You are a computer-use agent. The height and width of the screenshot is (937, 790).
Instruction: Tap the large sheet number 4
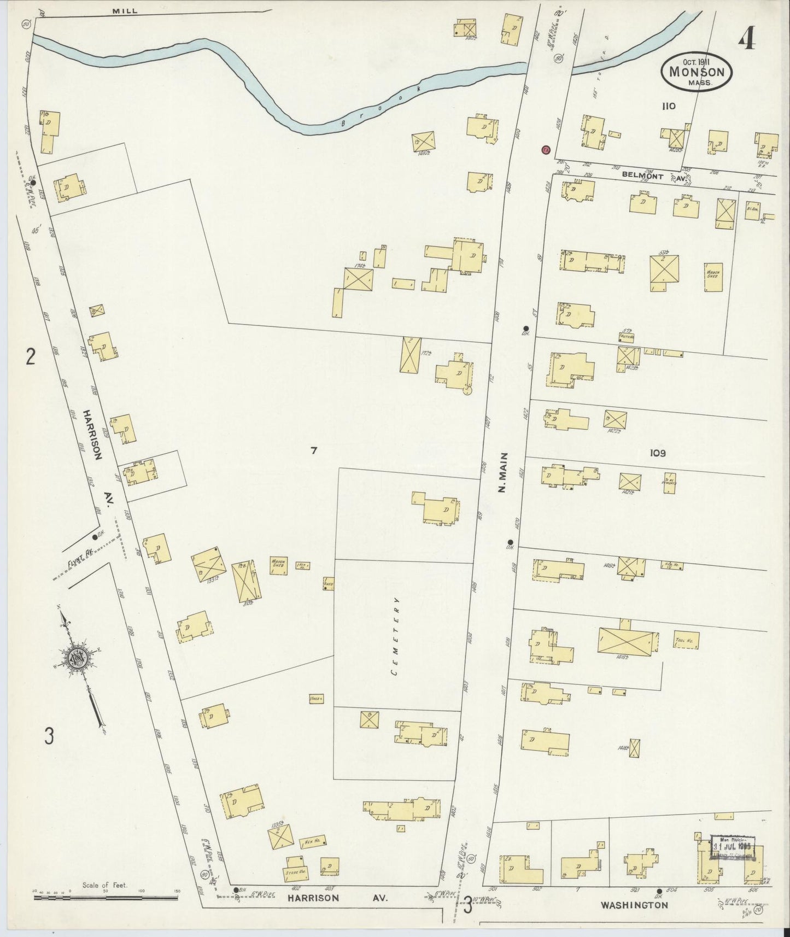[x=746, y=39]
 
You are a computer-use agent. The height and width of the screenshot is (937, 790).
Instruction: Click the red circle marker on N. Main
[x=545, y=150]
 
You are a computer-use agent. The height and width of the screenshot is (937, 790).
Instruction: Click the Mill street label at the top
[x=125, y=10]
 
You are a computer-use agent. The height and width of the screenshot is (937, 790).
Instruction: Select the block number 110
[x=668, y=107]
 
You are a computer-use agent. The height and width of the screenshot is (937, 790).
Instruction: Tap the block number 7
[x=314, y=450]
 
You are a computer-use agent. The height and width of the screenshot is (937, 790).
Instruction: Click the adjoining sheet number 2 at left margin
[x=31, y=357]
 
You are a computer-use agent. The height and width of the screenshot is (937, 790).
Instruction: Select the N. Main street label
[x=503, y=473]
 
